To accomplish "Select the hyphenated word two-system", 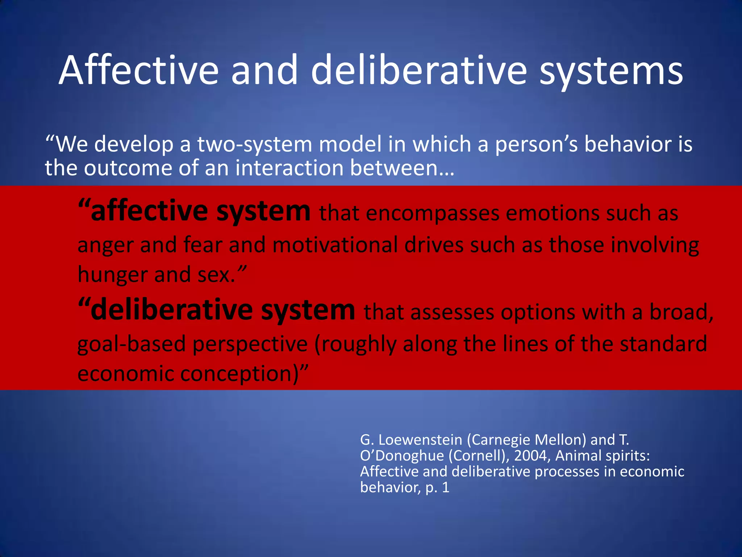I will point(254,144).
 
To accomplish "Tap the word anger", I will point(105,246).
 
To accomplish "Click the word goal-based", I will point(132,344).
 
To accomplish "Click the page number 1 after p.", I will point(446,487).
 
